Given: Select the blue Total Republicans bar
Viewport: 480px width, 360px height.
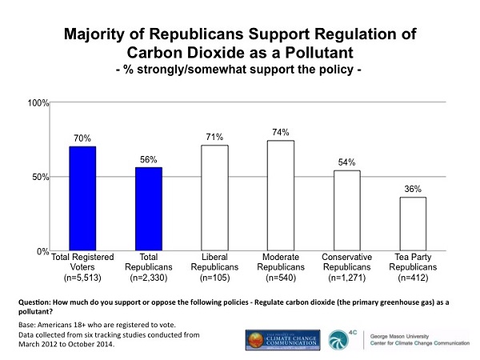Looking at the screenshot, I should click(x=148, y=209).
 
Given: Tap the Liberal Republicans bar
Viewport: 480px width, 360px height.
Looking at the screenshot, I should click(x=214, y=198).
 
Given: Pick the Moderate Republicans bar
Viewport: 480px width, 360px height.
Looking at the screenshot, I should click(x=280, y=195).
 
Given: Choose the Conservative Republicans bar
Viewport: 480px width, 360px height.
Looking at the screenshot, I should click(x=346, y=210).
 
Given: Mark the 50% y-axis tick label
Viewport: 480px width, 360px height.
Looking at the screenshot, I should click(x=42, y=177).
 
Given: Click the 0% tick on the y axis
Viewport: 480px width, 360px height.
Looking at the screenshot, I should click(x=45, y=251).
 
